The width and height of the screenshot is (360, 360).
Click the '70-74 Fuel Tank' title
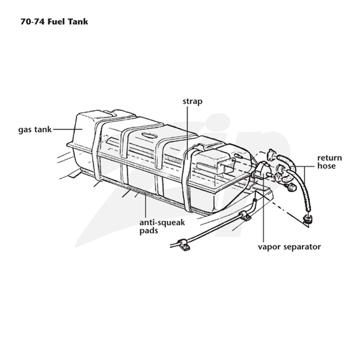[54, 22]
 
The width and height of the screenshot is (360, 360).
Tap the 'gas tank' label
[35, 130]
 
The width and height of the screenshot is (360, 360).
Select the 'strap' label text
[193, 102]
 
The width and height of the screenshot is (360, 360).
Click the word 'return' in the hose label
[329, 158]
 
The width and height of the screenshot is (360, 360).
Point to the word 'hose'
[326, 166]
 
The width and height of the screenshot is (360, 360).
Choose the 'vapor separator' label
[289, 247]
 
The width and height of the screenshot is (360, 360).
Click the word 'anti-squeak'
[162, 223]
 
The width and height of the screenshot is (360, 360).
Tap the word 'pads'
[149, 230]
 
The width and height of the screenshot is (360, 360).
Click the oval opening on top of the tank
[149, 135]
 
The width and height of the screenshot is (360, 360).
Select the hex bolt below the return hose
[291, 187]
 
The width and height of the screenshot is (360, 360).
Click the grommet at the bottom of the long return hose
[308, 219]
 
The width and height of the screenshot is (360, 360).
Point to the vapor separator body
[261, 169]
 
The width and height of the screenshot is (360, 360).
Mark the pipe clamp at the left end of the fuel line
[184, 244]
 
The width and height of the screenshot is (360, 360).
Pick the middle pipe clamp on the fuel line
[245, 216]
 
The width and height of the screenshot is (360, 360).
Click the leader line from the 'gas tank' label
[68, 130]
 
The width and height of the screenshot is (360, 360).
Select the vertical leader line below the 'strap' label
[187, 133]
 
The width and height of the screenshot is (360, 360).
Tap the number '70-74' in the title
[33, 22]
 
